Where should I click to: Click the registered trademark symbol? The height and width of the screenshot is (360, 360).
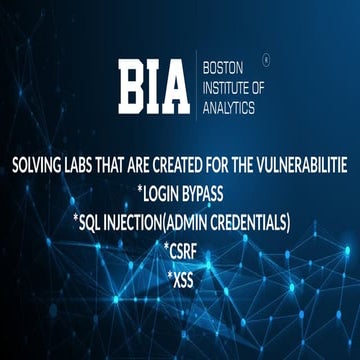click(264, 57)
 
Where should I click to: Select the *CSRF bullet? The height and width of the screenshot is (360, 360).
click(180, 249)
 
